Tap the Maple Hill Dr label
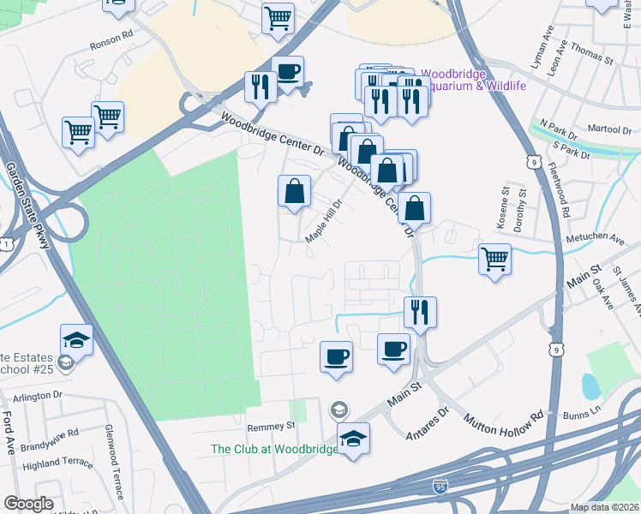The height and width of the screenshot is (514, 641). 326,221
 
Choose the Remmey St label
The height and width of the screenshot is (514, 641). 271,425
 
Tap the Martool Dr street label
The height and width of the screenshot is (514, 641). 610,128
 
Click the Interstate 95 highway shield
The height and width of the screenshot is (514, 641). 438,487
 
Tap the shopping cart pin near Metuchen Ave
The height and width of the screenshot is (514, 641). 494,259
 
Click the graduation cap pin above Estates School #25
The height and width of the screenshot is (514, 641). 76,339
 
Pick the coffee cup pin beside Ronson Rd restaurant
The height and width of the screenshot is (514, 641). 287,71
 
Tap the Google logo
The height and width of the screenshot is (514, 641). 28,504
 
